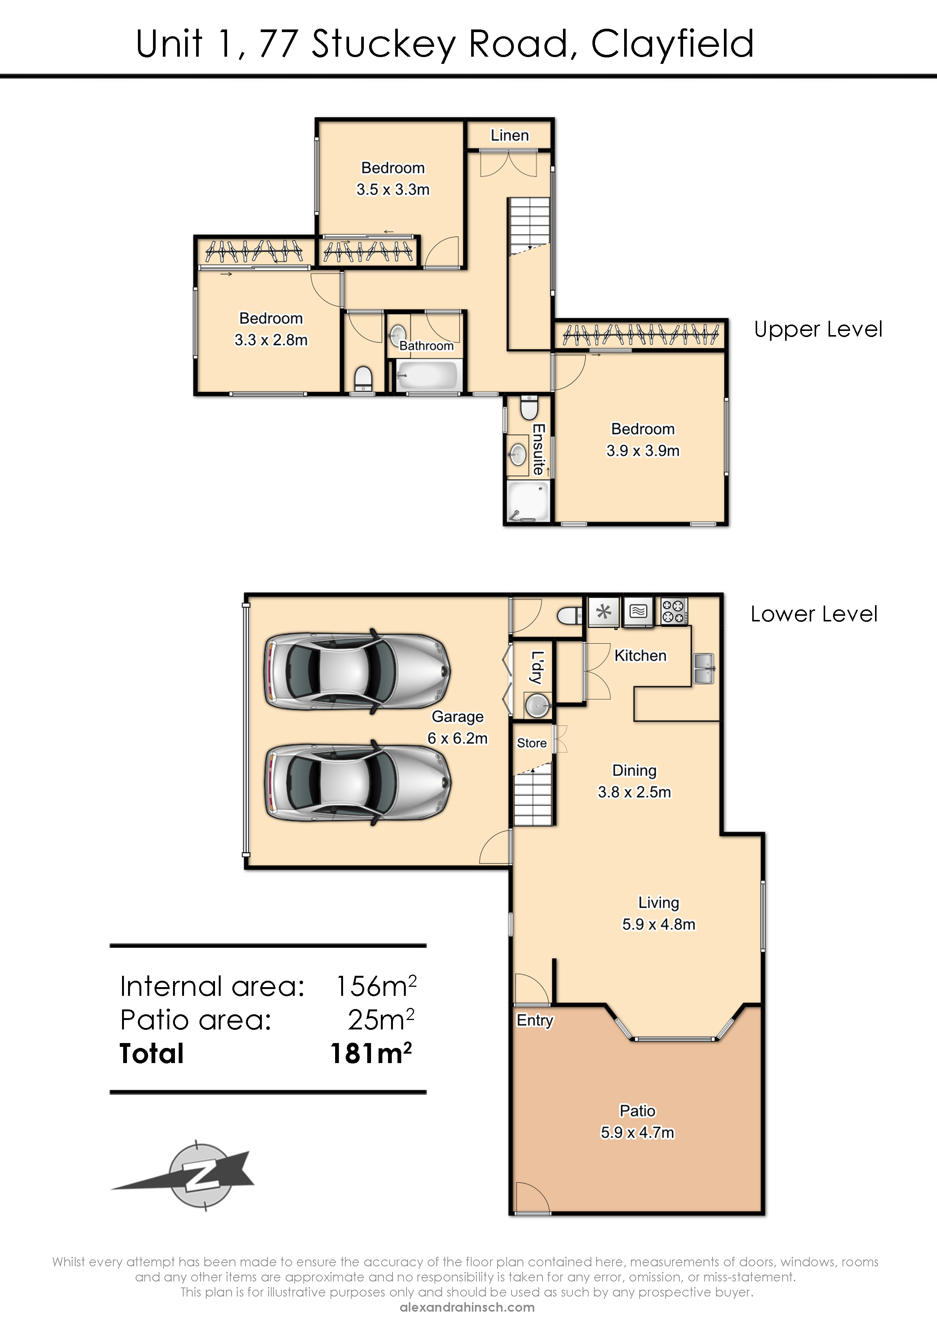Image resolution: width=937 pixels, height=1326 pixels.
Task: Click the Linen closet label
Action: coord(510,135)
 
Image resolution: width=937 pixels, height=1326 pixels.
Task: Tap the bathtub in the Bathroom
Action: coord(427,376)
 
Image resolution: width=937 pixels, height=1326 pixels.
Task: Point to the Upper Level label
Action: coord(818,329)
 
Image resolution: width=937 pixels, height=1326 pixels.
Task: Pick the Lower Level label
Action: coord(814,614)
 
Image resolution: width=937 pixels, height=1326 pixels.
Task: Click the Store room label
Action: coord(532,743)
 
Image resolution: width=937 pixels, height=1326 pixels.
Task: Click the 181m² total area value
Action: coord(371,1053)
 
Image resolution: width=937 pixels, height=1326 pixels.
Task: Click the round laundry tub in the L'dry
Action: coord(537,705)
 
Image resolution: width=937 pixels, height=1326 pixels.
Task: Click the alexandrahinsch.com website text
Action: coord(467,1307)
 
